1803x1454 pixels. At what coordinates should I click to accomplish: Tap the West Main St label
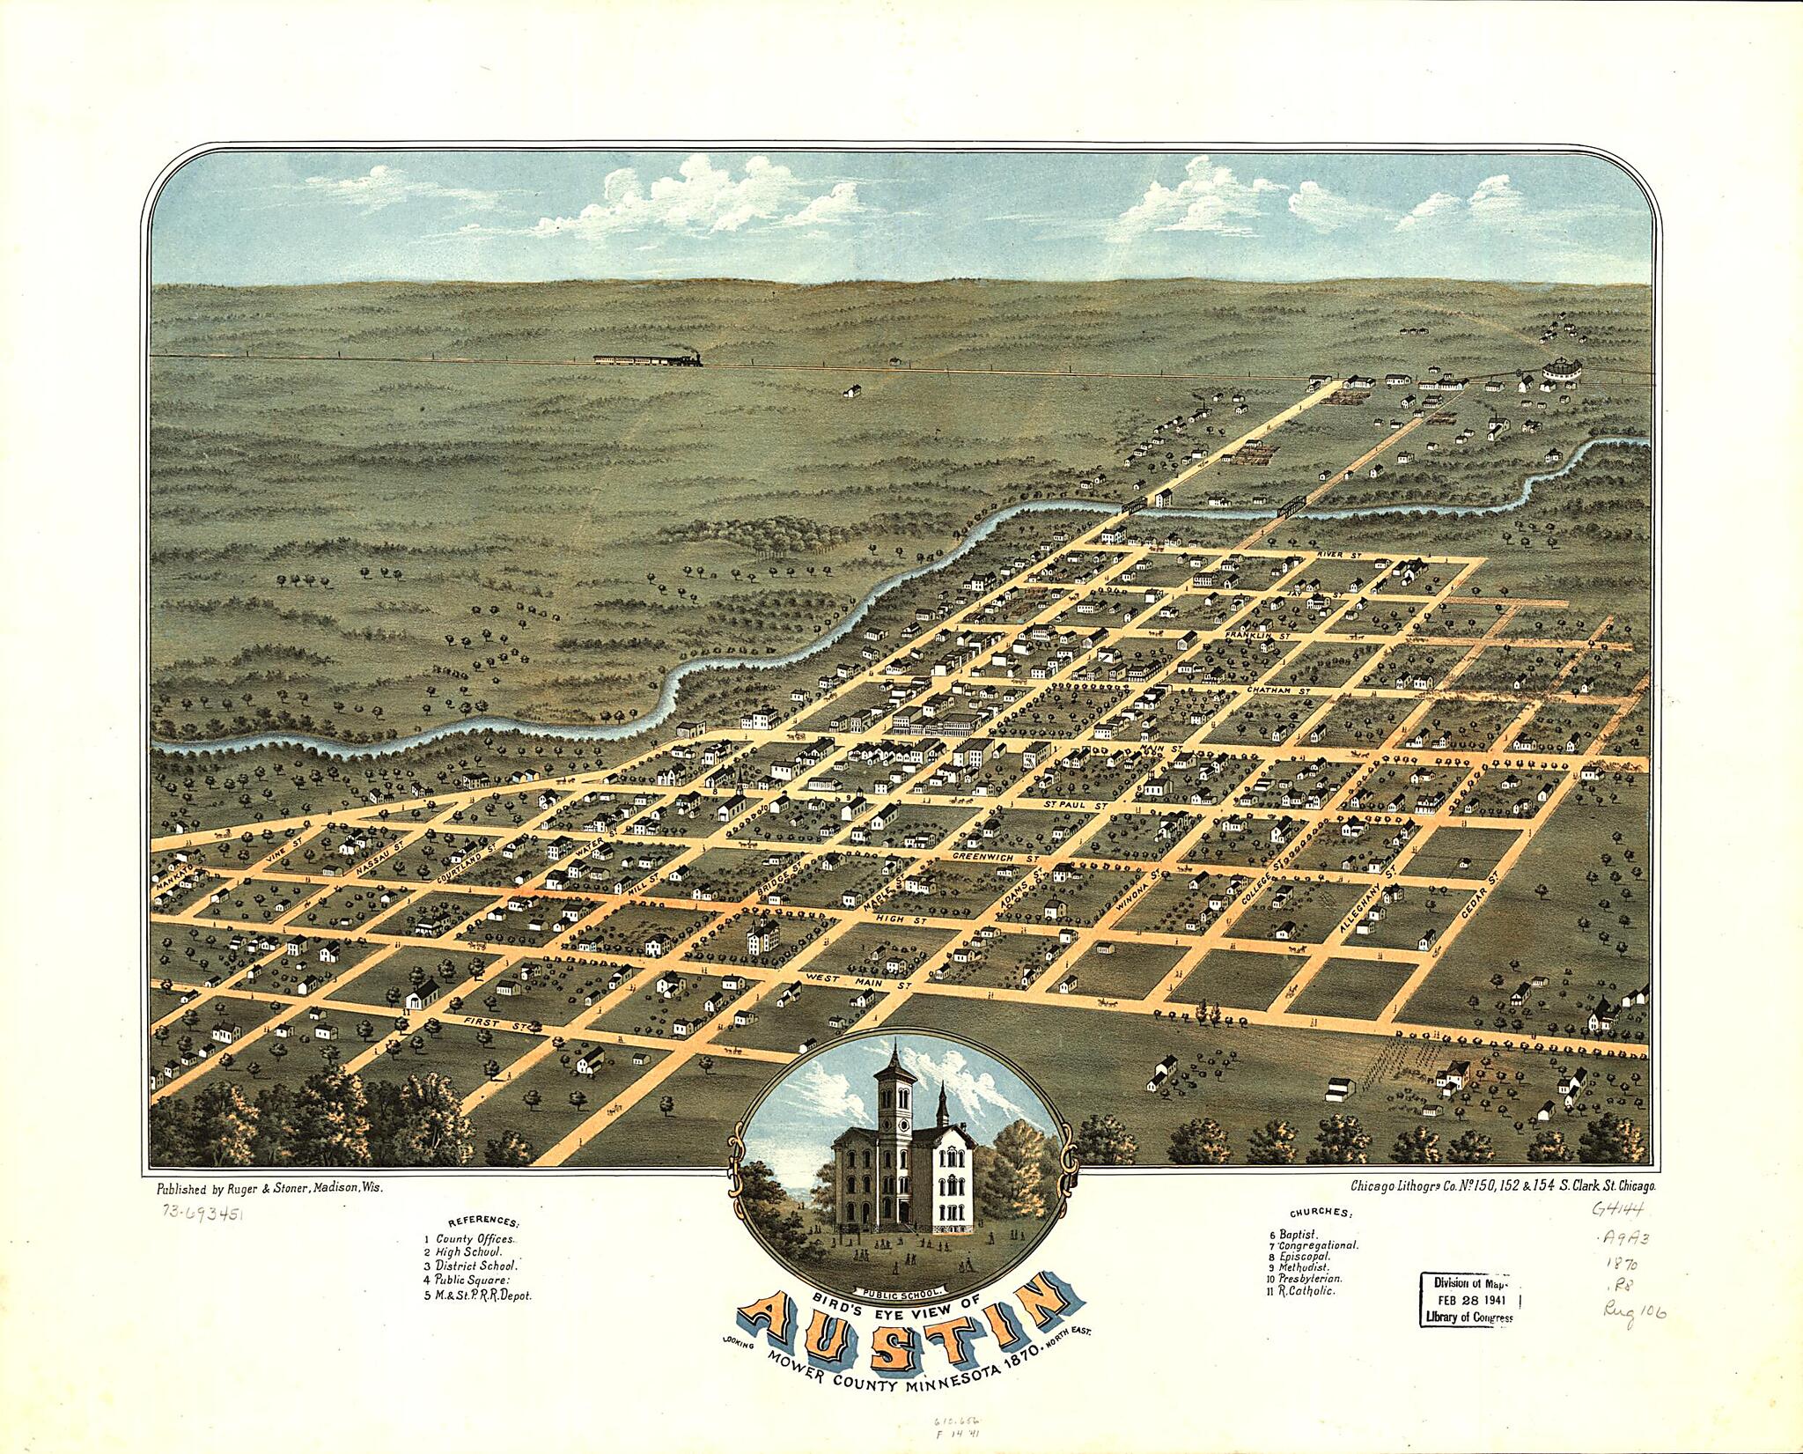pos(853,981)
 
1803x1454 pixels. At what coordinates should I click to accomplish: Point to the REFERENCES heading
pos(483,1222)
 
